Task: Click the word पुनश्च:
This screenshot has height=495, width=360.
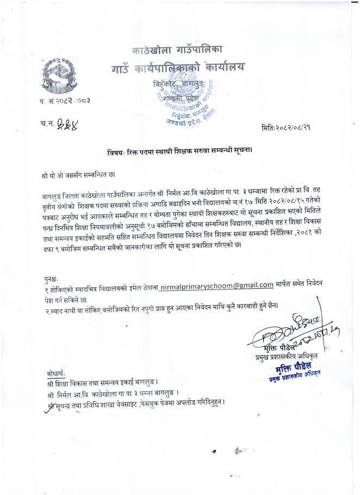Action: tap(51, 276)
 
